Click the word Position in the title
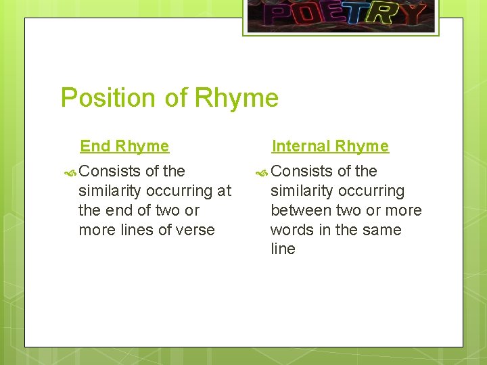pos(108,99)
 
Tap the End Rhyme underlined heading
pos(124,146)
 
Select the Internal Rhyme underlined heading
pos(330,146)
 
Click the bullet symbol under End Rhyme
pos(72,172)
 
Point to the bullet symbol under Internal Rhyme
pos(264,172)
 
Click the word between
pos(299,210)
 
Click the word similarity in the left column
pos(111,191)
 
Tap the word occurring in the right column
pos(371,191)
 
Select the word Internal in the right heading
pos(301,146)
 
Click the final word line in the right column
pos(283,249)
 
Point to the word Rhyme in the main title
pos(236,99)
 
